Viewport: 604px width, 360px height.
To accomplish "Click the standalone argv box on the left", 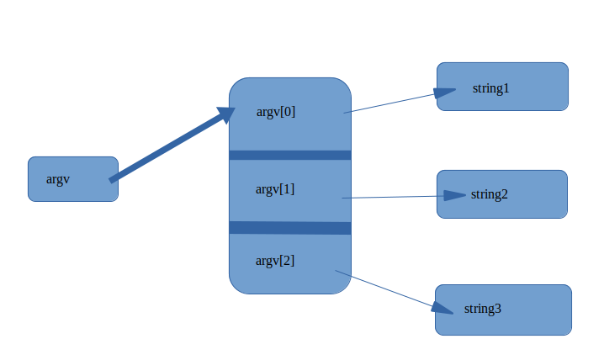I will point(73,179).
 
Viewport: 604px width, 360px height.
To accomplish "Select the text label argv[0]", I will point(276,112).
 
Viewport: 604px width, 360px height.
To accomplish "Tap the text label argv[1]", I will point(275,189).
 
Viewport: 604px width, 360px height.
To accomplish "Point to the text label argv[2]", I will point(275,261).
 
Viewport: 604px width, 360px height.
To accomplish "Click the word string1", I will point(491,88).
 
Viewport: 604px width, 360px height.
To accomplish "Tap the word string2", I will point(490,195).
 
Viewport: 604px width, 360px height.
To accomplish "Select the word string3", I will point(483,309).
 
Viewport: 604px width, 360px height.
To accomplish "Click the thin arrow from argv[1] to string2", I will point(391,197).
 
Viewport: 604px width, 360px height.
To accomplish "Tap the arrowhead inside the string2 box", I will point(454,195).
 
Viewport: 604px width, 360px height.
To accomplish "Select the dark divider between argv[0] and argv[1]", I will point(290,155).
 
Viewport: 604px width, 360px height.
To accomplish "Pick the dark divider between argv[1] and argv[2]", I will point(290,228).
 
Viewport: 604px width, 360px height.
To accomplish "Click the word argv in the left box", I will point(58,179).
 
